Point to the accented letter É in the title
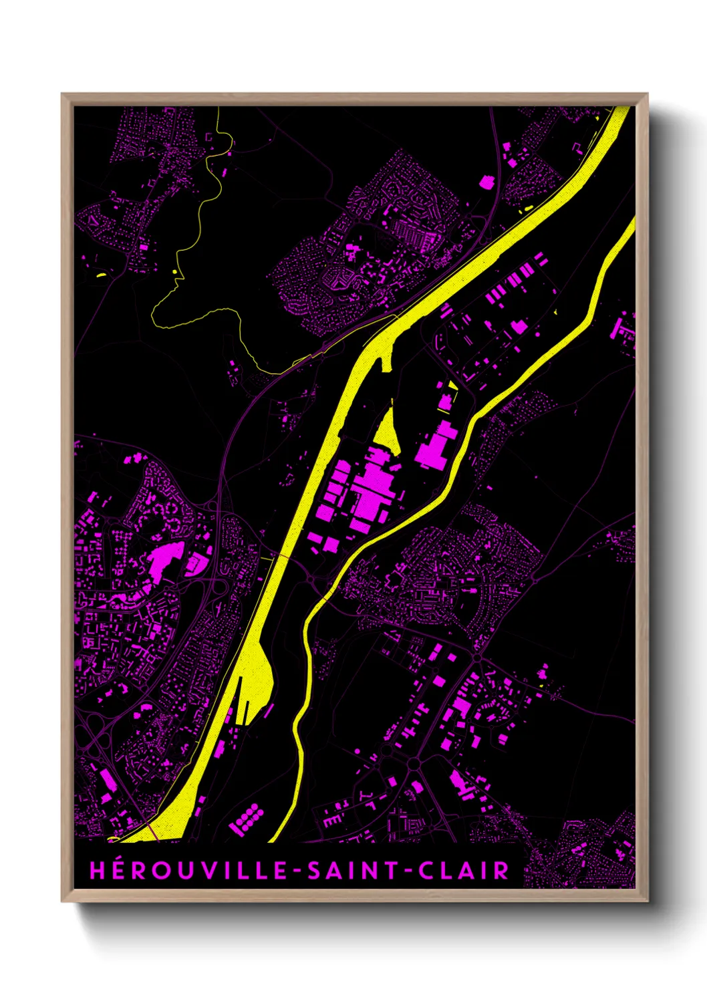click(117, 870)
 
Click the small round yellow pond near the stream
click(174, 271)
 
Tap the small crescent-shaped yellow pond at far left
click(101, 275)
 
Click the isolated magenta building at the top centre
click(486, 181)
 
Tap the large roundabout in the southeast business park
click(413, 763)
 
